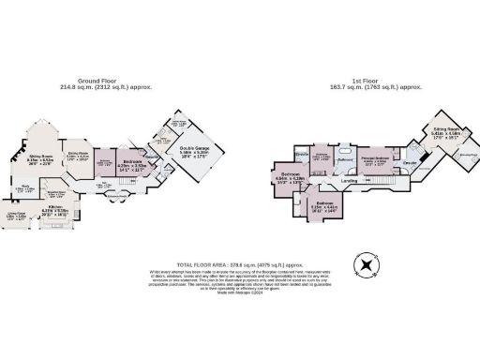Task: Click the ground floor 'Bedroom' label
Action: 132,162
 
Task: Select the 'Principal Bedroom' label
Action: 373,161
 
